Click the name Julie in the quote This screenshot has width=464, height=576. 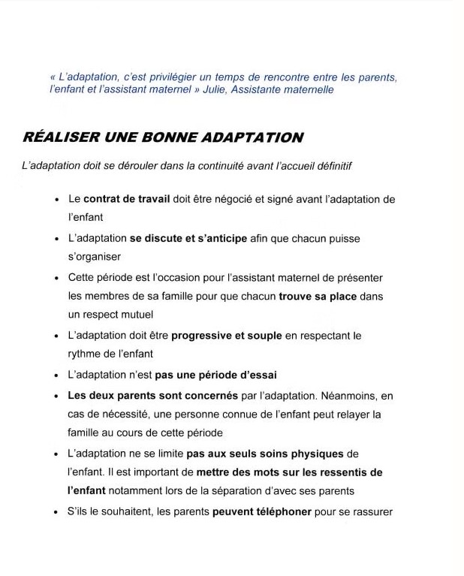pyautogui.click(x=216, y=90)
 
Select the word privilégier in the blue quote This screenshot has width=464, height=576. pyautogui.click(x=174, y=77)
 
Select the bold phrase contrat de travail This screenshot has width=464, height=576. pyautogui.click(x=126, y=199)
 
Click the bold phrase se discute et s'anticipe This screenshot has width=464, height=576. pyautogui.click(x=188, y=239)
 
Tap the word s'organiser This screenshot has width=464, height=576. pyautogui.click(x=95, y=257)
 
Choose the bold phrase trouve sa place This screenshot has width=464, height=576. pyautogui.click(x=318, y=297)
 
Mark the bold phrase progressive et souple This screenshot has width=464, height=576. pyautogui.click(x=227, y=336)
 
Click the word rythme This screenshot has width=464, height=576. pyautogui.click(x=84, y=354)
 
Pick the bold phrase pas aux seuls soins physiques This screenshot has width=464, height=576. pyautogui.click(x=265, y=454)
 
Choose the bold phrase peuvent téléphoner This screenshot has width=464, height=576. pyautogui.click(x=262, y=513)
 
